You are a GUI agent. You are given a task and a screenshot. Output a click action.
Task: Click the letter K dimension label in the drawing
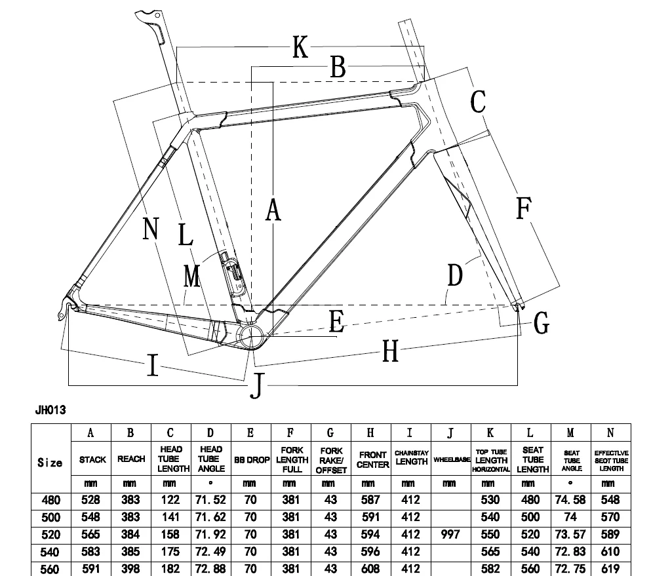[300, 47]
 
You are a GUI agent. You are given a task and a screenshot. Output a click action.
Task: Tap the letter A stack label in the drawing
[273, 210]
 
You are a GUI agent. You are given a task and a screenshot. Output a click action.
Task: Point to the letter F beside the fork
[523, 208]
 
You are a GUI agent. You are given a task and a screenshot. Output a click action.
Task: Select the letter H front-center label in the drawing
[391, 352]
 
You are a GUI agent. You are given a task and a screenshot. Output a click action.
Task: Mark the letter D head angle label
[455, 276]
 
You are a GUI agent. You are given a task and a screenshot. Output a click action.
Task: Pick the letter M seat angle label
[191, 276]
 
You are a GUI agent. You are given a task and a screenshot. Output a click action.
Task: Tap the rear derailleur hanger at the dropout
[62, 309]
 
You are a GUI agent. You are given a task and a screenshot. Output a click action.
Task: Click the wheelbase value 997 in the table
[450, 534]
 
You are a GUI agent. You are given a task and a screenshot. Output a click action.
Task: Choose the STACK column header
[92, 460]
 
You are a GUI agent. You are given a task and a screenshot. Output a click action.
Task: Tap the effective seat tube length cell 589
[610, 534]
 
